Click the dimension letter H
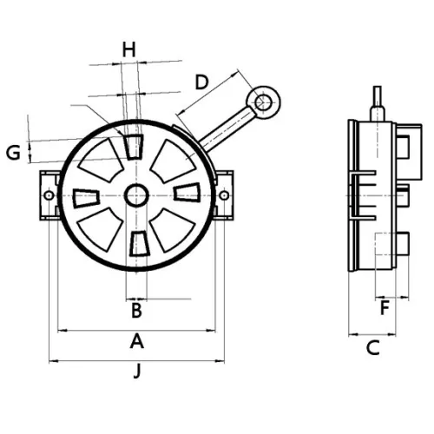coord(128,49)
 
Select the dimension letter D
coord(201,82)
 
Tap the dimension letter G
coord(13,153)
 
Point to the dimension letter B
coord(136,308)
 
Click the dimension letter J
coord(136,372)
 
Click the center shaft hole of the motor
coord(135,196)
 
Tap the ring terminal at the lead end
coord(262,102)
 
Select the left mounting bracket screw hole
coord(49,196)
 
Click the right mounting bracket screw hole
coord(224,196)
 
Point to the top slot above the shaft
coord(135,146)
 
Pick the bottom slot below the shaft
coord(136,246)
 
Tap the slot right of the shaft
coord(186,193)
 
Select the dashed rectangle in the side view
coord(386,260)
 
